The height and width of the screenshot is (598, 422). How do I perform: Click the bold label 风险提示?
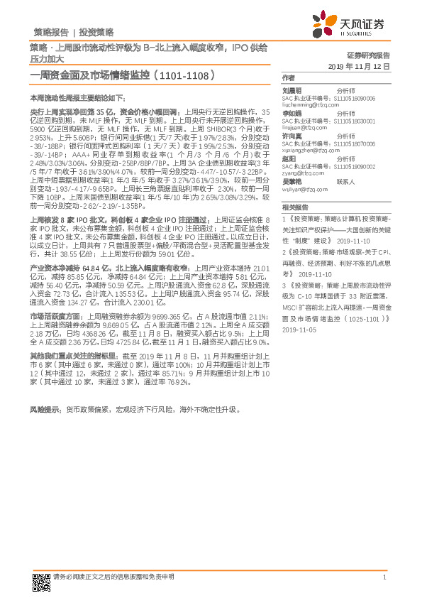tap(44, 410)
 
